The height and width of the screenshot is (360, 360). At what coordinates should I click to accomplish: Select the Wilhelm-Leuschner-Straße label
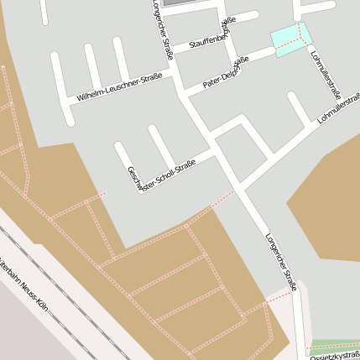click(119, 87)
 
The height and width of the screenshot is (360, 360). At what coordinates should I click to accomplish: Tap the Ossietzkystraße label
click(336, 356)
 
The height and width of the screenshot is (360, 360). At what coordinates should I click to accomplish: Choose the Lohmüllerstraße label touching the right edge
click(339, 111)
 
